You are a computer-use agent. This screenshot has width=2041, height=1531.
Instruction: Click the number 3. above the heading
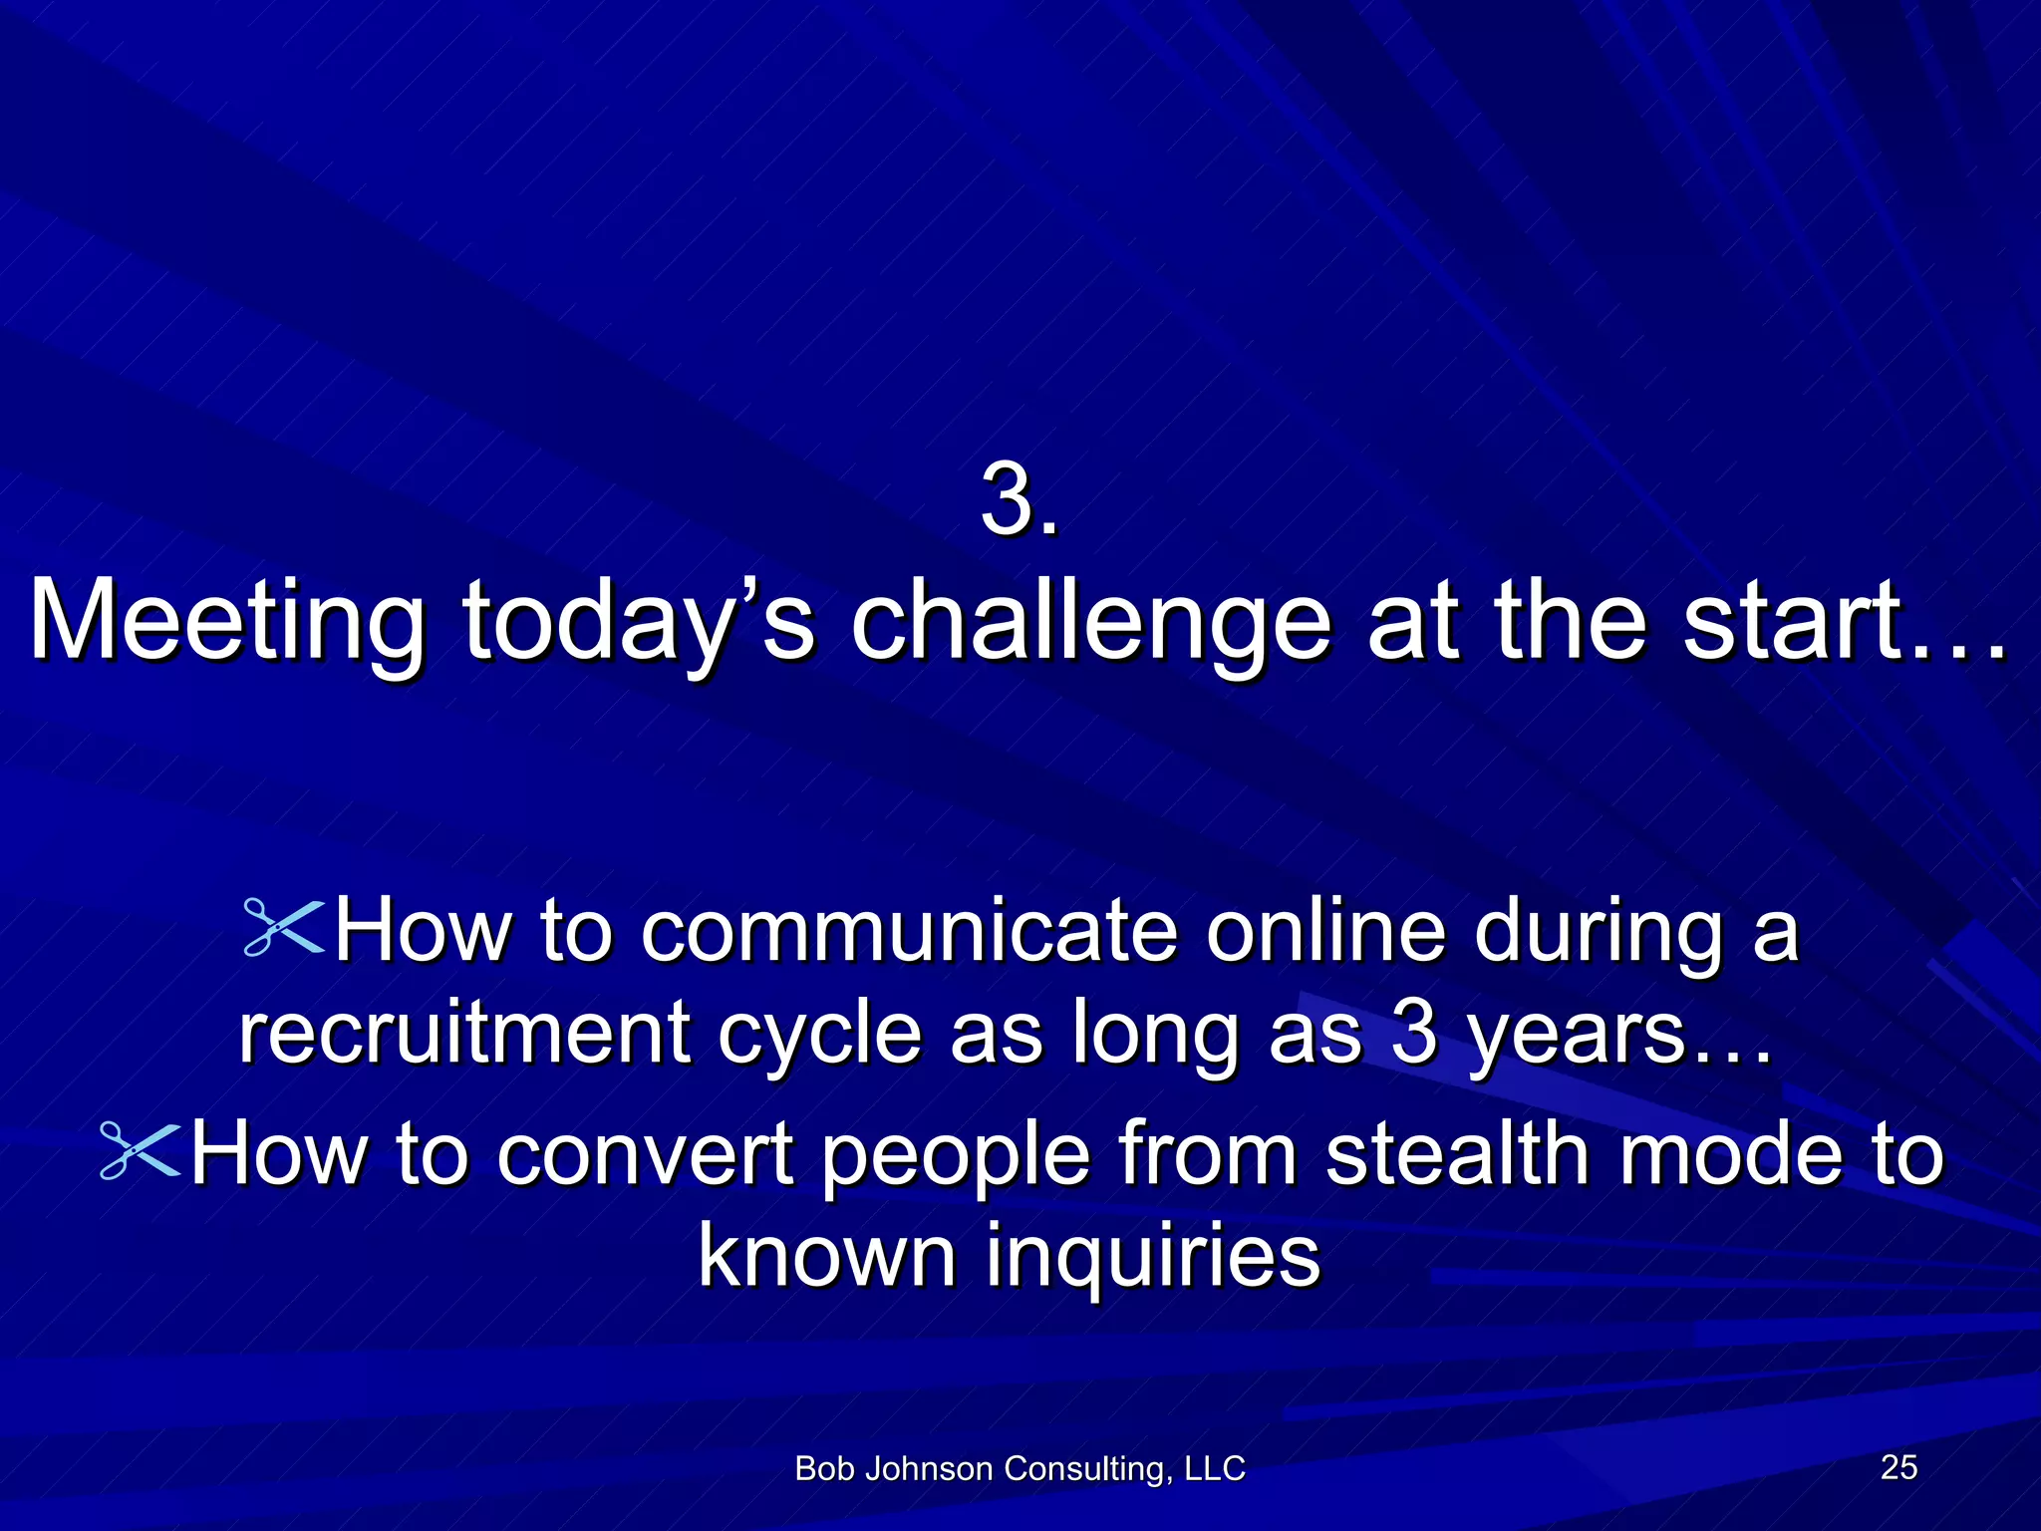pyautogui.click(x=1019, y=501)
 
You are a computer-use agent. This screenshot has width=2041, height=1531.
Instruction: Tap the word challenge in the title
pyautogui.click(x=1090, y=623)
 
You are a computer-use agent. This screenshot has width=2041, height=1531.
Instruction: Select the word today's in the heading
pyautogui.click(x=638, y=623)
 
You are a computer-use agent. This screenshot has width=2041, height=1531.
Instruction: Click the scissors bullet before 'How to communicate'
pyautogui.click(x=284, y=929)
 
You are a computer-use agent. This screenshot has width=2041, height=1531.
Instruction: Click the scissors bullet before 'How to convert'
pyautogui.click(x=141, y=1151)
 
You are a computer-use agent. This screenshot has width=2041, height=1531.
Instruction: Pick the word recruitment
pyautogui.click(x=462, y=1034)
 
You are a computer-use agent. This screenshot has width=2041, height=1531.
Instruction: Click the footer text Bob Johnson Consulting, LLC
pyautogui.click(x=1020, y=1468)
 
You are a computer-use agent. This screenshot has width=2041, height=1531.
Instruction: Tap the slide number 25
pyautogui.click(x=1898, y=1466)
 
